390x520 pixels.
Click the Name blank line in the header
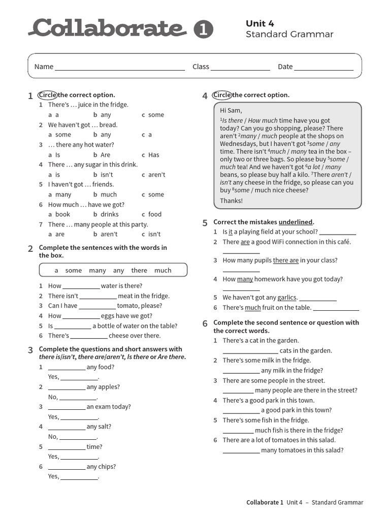(x=120, y=67)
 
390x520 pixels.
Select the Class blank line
(x=240, y=67)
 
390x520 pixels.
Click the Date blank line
(x=324, y=67)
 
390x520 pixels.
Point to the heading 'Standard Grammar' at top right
(x=289, y=35)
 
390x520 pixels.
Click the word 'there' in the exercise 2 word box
(x=139, y=271)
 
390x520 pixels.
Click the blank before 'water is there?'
(x=81, y=286)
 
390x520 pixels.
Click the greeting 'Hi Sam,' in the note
(x=231, y=111)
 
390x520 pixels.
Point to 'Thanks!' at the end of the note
(x=231, y=201)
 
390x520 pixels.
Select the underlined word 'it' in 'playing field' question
(x=231, y=232)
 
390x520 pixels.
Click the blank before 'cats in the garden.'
(x=250, y=351)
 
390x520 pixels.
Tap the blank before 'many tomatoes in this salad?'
(x=241, y=450)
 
